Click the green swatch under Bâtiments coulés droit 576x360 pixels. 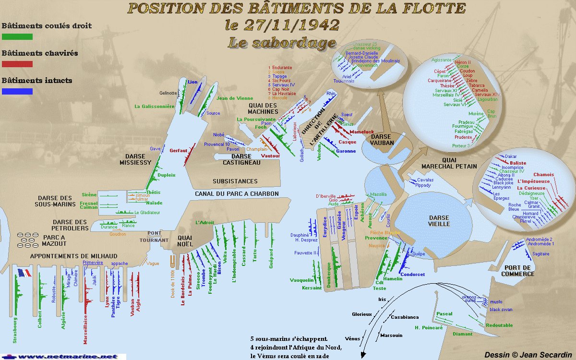pos(17,36)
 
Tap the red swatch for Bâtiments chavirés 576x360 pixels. pos(17,64)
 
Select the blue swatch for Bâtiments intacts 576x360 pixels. pos(17,91)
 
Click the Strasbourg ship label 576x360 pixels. pos(15,329)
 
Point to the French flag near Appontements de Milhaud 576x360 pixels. pos(24,273)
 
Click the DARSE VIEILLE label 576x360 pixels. pos(439,221)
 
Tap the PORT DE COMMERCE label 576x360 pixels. pos(517,271)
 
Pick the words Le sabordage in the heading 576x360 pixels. pos(281,43)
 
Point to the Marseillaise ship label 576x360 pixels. pos(85,325)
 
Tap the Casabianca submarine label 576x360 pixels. pos(404,317)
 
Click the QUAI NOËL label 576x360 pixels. pos(185,240)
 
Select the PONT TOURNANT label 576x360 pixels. pos(154,236)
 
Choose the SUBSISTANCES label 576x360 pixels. pos(235,181)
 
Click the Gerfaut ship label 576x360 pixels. pos(178,151)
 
